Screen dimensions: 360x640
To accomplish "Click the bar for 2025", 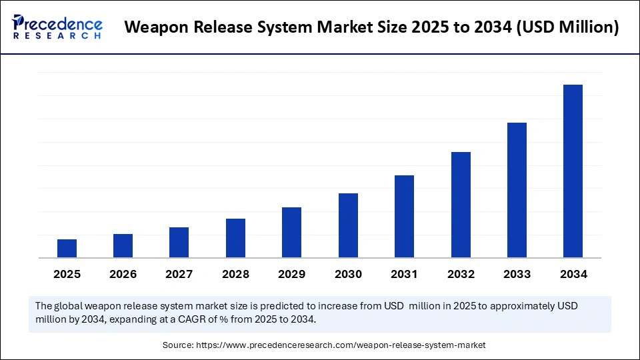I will coord(67,248).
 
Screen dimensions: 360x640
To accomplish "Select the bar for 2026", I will coord(123,245).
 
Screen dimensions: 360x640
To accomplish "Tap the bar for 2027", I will coord(179,242).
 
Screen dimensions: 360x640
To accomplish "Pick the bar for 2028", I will coord(235,238).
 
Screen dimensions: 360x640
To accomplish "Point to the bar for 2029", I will coord(291,232).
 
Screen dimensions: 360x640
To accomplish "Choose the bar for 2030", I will coord(348,225).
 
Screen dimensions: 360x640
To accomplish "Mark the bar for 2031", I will coord(404,216).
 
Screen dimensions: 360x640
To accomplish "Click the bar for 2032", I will coord(461,205).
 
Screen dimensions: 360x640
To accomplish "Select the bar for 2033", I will coord(517,190).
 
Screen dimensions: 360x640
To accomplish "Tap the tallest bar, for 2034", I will coord(573,171).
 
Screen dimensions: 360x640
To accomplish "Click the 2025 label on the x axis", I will coord(67,274).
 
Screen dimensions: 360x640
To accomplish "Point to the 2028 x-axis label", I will coord(235,274).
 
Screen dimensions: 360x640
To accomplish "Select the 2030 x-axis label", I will coord(348,274).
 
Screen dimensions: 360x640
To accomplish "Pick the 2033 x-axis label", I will coord(517,274).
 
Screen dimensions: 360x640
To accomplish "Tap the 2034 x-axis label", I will coord(573,274).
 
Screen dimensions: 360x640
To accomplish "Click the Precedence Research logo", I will coord(57,27).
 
